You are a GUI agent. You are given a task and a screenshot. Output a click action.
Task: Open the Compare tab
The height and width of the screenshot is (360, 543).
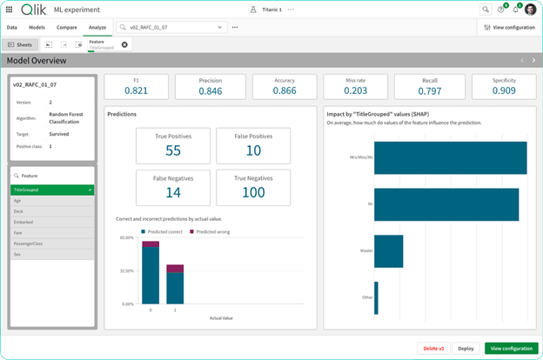pyautogui.click(x=67, y=28)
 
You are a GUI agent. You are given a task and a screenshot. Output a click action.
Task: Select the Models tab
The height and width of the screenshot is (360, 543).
pyautogui.click(x=37, y=28)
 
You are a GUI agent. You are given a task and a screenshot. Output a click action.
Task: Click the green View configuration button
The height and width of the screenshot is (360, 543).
pyautogui.click(x=511, y=348)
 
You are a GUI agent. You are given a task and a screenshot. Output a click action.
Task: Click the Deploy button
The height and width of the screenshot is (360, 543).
pyautogui.click(x=466, y=348)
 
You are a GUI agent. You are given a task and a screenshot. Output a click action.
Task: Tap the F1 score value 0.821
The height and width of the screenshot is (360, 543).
pyautogui.click(x=137, y=90)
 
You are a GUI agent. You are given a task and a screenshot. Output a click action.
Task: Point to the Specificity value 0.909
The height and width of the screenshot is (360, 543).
pyautogui.click(x=504, y=90)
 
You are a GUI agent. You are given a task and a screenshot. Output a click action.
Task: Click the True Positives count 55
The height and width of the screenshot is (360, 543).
pyautogui.click(x=172, y=151)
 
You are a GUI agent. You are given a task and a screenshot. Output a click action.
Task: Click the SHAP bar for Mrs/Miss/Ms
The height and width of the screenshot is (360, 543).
pyautogui.click(x=450, y=157)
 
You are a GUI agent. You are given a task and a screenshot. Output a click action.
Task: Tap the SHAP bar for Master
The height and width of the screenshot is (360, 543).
pyautogui.click(x=388, y=250)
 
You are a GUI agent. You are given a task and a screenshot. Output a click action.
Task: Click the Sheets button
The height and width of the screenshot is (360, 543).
pyautogui.click(x=21, y=43)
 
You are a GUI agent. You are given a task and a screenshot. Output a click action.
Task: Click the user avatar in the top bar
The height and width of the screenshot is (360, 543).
pyautogui.click(x=530, y=10)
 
